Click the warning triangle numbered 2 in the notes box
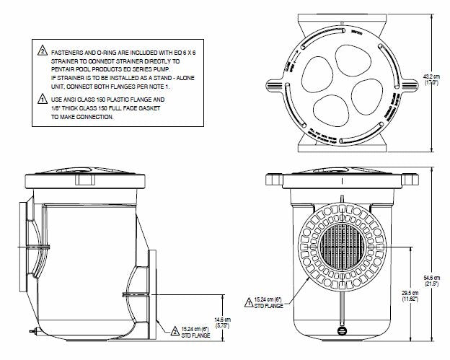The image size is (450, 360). click(43, 51)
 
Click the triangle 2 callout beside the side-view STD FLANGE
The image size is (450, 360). click(175, 331)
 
